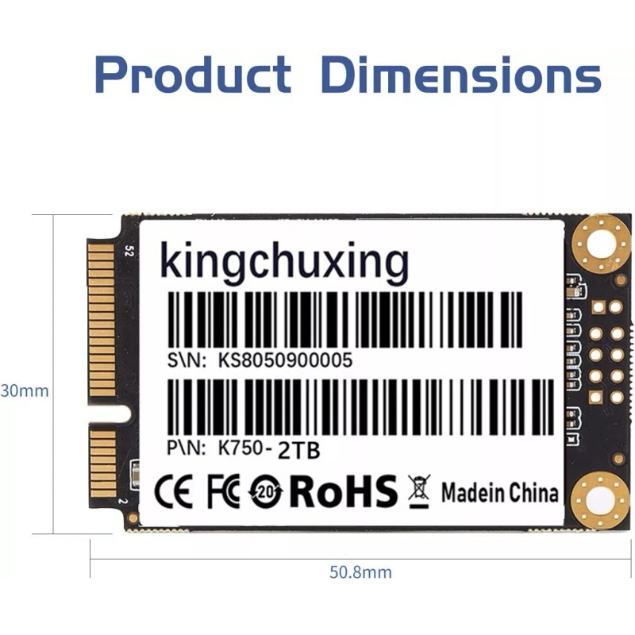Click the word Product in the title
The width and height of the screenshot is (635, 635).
(x=193, y=75)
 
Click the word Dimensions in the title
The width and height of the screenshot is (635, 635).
(x=460, y=75)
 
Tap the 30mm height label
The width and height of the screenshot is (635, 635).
(x=24, y=391)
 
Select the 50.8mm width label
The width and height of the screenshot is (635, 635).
(x=360, y=571)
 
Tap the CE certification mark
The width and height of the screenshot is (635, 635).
(x=173, y=493)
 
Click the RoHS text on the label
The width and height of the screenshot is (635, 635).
(x=343, y=492)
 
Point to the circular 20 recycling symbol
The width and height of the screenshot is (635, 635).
(x=265, y=493)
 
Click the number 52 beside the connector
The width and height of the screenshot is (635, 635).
(x=128, y=252)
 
